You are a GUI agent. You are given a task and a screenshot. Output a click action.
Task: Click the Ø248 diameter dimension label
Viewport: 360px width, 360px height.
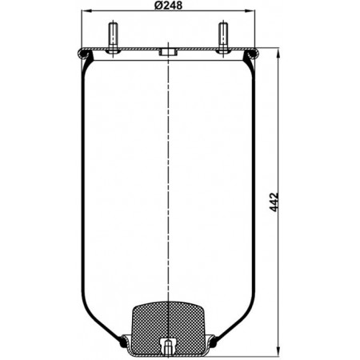tap(168, 6)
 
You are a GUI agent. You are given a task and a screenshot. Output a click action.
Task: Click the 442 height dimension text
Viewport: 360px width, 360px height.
tap(274, 202)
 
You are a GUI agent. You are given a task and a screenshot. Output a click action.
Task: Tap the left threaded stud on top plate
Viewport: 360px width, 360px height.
tap(113, 38)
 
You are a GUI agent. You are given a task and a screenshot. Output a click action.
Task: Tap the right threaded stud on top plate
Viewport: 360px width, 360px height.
tap(223, 38)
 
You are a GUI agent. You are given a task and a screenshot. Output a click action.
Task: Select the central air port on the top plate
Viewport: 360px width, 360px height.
tap(168, 51)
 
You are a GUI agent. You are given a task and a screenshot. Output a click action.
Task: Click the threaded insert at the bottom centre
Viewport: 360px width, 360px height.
tap(168, 346)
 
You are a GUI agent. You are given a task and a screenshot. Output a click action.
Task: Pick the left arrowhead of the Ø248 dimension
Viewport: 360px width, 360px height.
tap(86, 11)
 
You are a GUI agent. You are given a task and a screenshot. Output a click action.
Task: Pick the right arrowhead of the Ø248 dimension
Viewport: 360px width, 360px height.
tap(250, 11)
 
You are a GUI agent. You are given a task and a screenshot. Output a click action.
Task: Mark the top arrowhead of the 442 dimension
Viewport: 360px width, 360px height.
tap(278, 53)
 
